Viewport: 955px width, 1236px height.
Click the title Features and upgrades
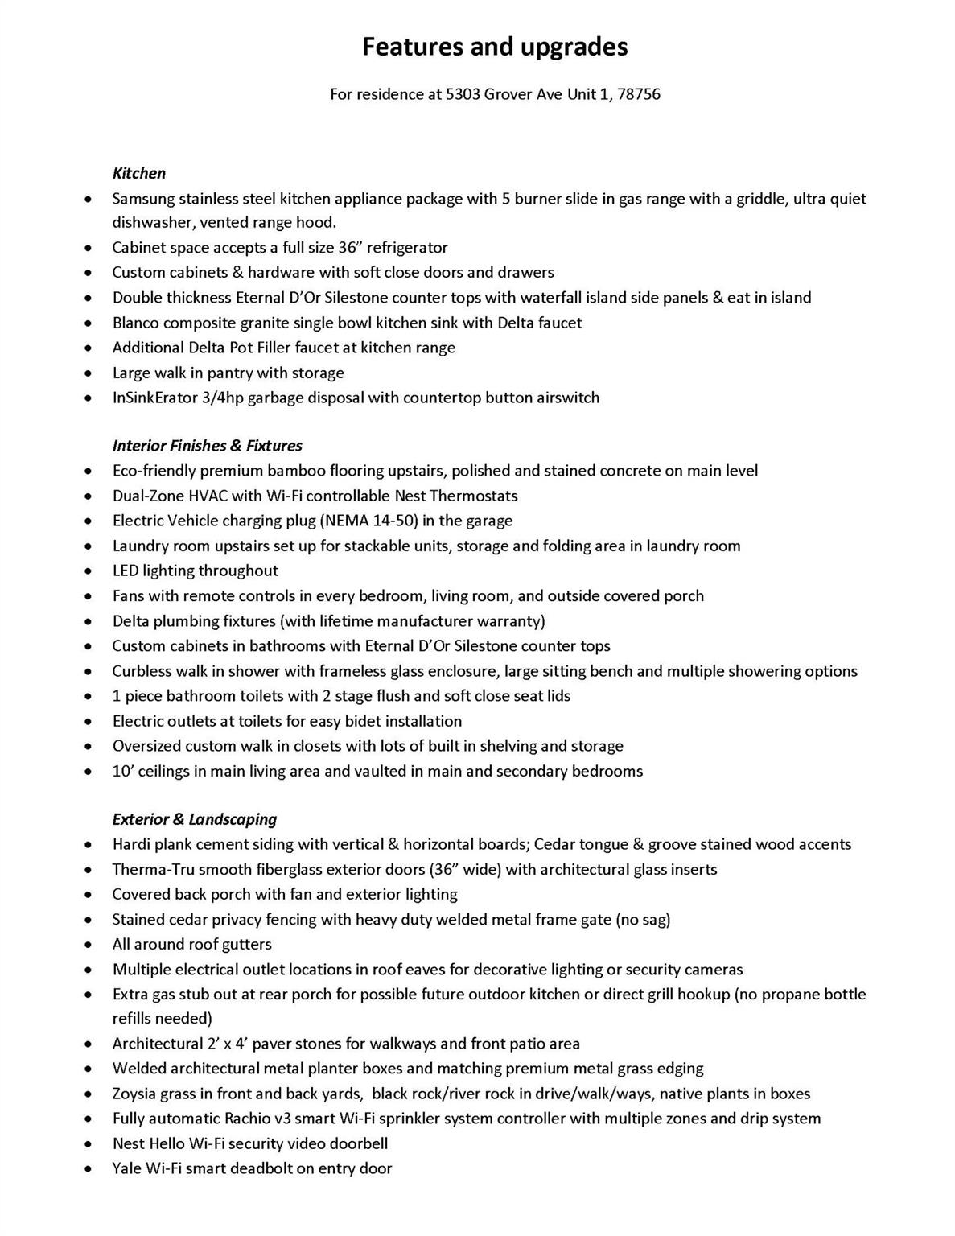(x=495, y=47)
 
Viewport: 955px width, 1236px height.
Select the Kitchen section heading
(x=139, y=173)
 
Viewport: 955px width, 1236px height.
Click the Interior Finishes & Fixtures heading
(x=208, y=446)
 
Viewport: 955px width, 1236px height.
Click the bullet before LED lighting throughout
(x=88, y=571)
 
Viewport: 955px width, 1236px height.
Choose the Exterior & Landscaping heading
(x=195, y=819)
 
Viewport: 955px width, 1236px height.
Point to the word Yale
(x=127, y=1168)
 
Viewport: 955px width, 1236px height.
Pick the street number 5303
(x=463, y=94)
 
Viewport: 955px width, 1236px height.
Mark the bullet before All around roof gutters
(x=88, y=945)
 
